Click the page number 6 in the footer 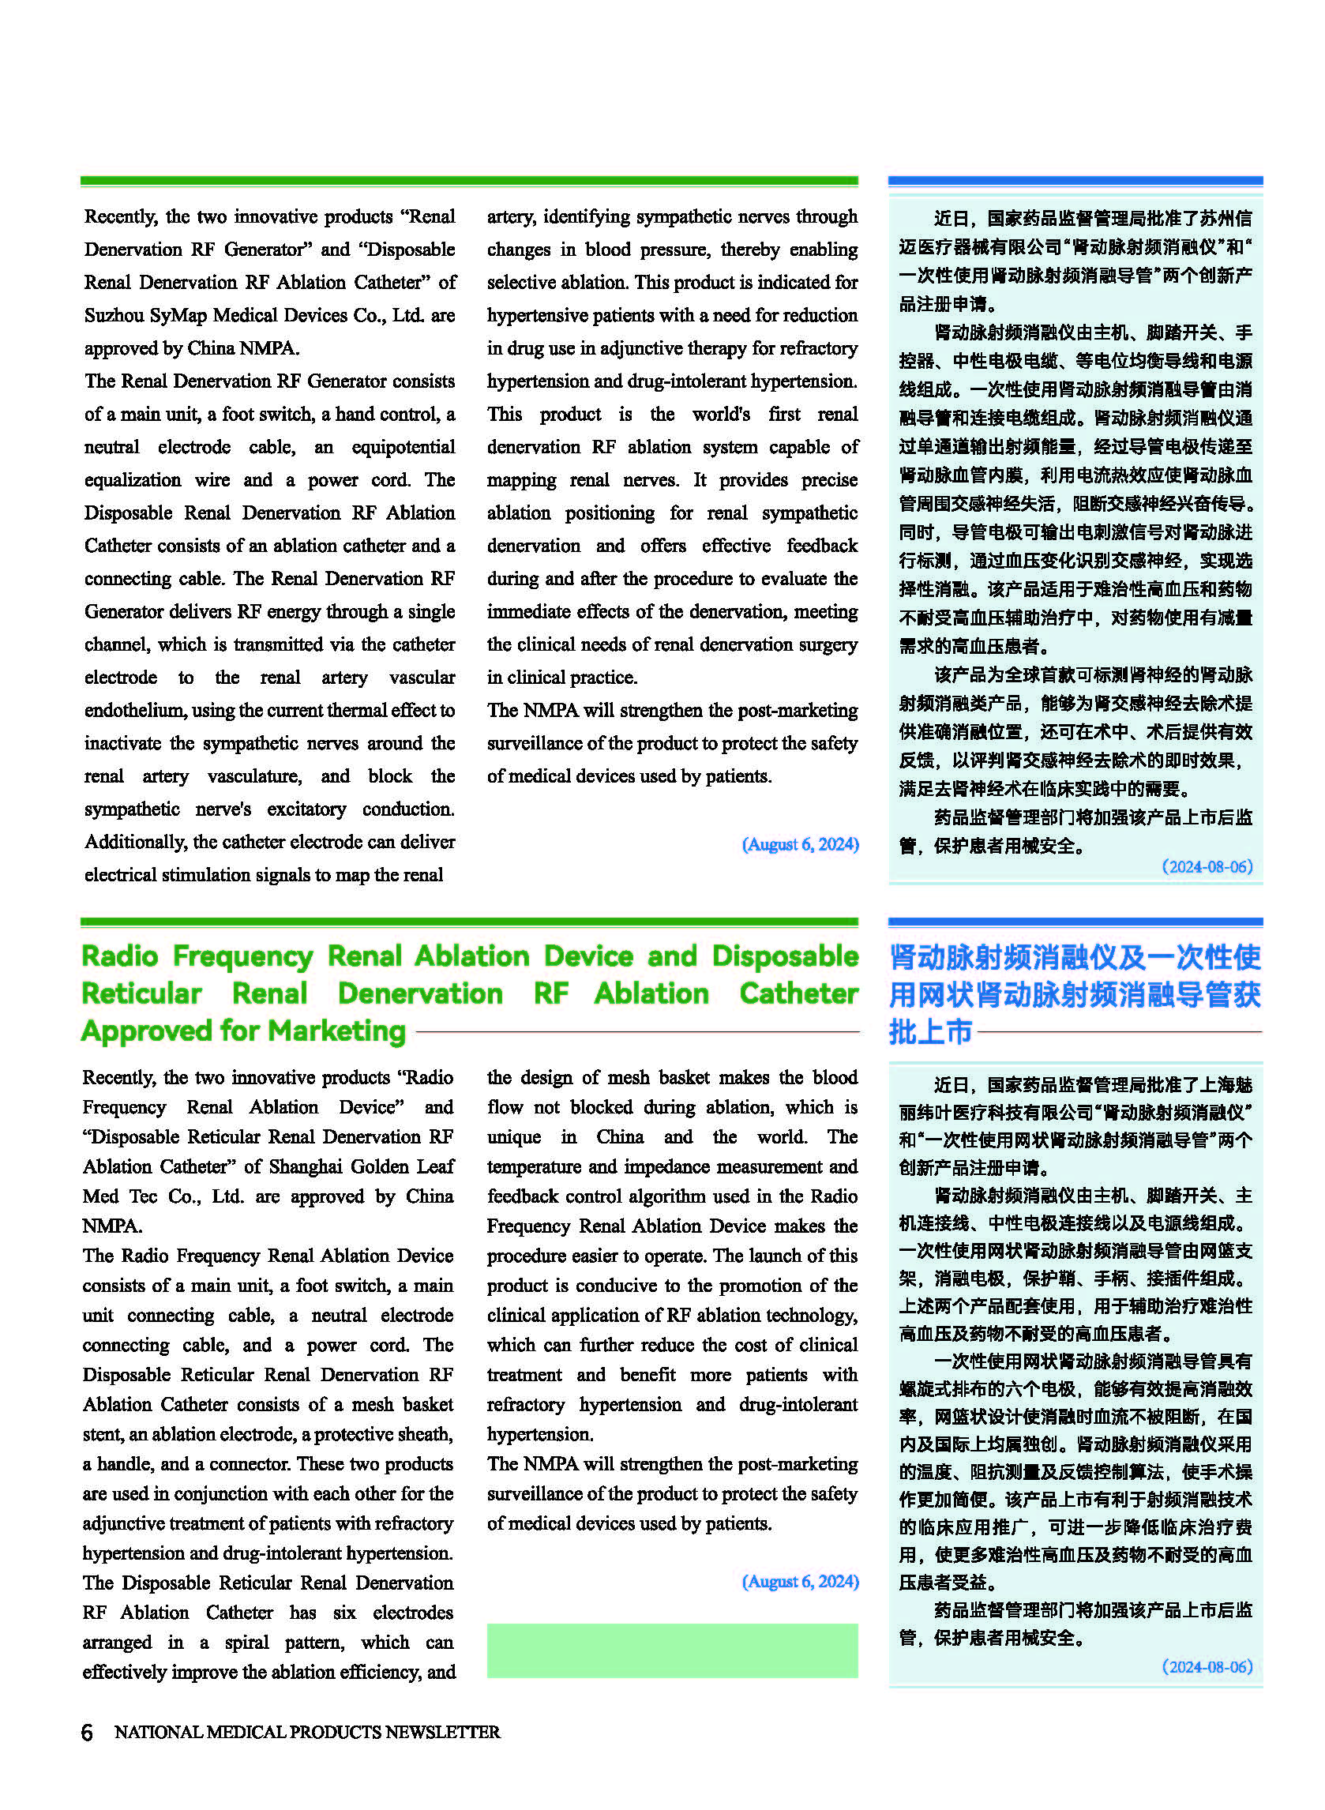tap(87, 1731)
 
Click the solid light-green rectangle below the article tap(672, 1650)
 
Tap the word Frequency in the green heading tap(242, 956)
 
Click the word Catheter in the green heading tap(798, 993)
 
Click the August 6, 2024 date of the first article tap(800, 843)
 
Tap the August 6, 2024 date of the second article tap(800, 1581)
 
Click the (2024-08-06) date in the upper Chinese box tap(1207, 866)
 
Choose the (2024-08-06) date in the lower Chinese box tap(1207, 1666)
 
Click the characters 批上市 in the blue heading tap(929, 1031)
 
